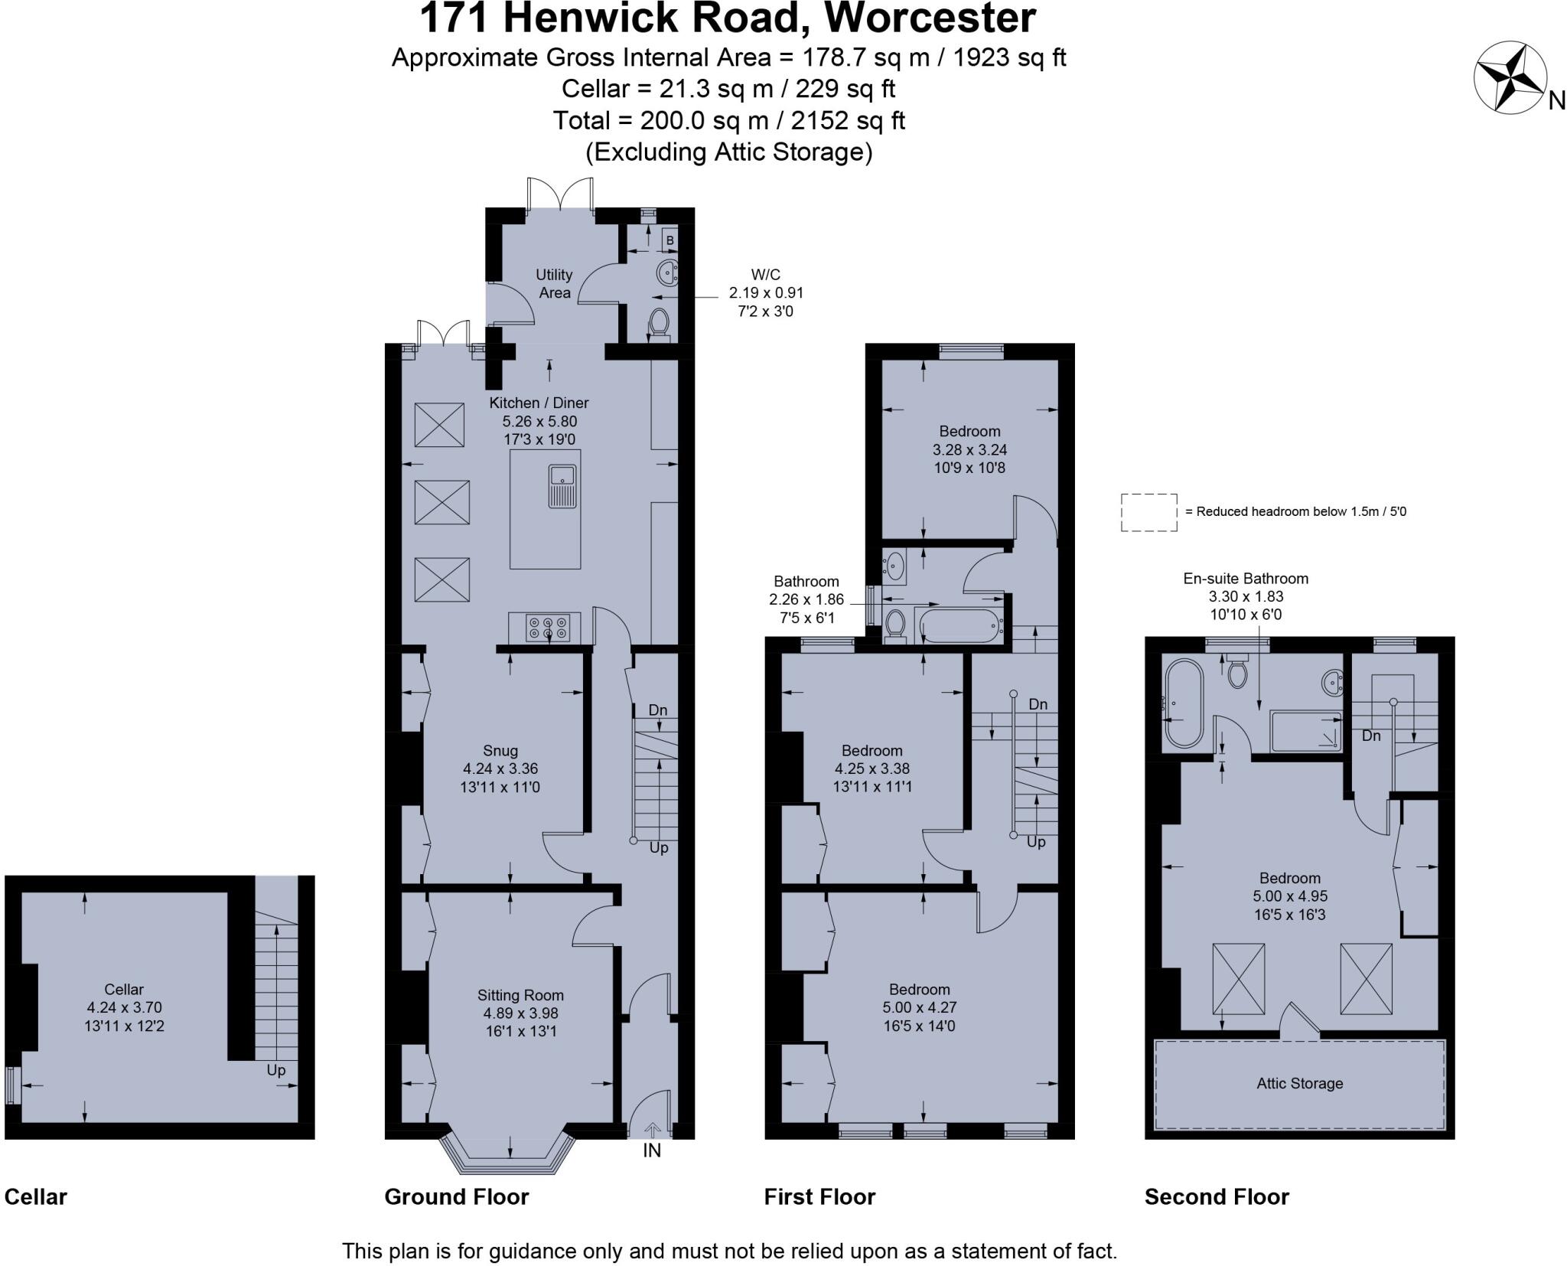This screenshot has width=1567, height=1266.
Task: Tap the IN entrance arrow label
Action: (x=651, y=1150)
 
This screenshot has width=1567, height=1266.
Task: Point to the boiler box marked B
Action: (x=669, y=240)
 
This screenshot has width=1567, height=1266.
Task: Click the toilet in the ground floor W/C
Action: (x=658, y=322)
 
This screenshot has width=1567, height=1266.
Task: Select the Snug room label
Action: (x=500, y=751)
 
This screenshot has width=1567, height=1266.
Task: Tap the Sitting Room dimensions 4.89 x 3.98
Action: (x=520, y=1013)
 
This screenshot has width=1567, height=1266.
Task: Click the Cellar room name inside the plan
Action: (x=124, y=989)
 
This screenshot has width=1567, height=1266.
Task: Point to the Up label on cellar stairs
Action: (x=275, y=1070)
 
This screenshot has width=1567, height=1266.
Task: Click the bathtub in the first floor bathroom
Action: (x=959, y=626)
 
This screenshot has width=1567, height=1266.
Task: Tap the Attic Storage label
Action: (x=1299, y=1083)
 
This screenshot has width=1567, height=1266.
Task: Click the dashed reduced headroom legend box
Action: (x=1148, y=512)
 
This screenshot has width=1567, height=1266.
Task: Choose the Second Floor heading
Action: (x=1217, y=1196)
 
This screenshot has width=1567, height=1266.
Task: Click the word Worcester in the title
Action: (x=930, y=18)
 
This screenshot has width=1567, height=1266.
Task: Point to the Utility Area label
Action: (x=554, y=283)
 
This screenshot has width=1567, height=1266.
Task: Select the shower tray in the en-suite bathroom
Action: (x=1305, y=731)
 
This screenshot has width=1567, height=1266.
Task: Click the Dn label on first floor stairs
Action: (x=1038, y=704)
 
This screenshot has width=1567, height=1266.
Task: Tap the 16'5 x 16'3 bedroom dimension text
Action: (x=1290, y=914)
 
